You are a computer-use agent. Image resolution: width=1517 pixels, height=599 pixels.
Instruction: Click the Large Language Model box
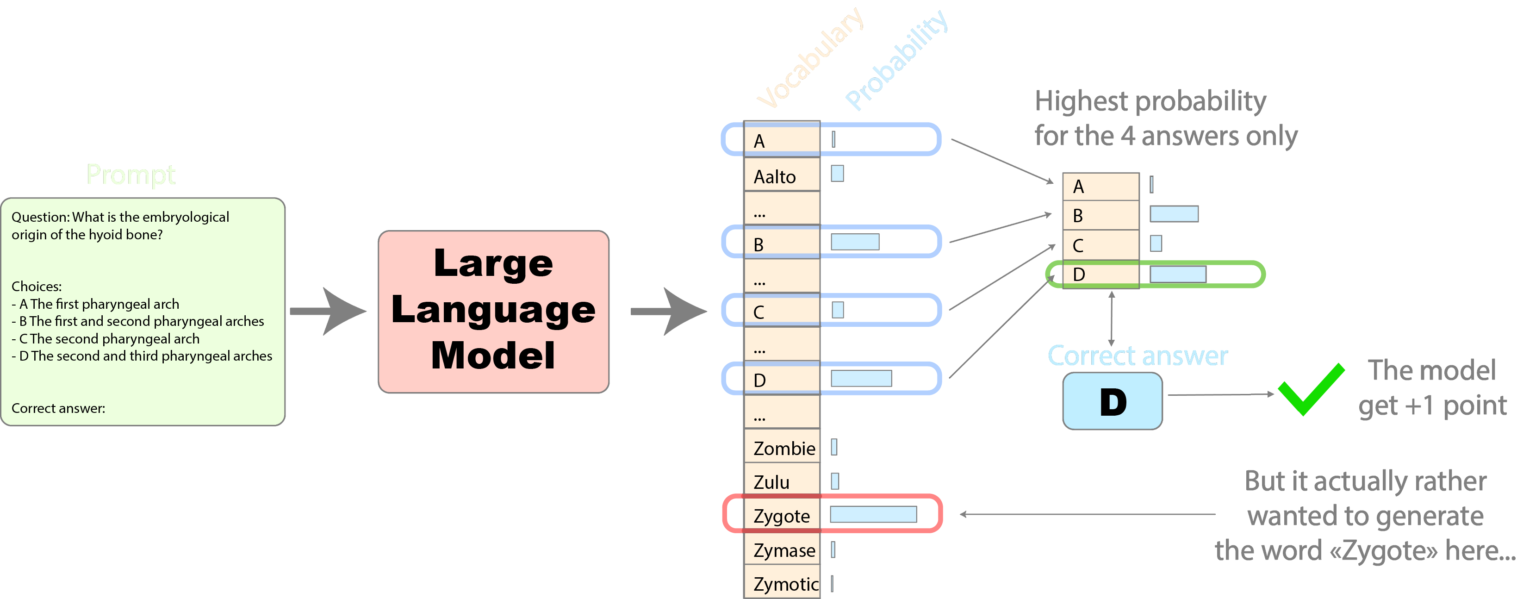point(493,312)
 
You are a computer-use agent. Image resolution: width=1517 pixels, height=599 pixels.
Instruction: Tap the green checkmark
point(1311,389)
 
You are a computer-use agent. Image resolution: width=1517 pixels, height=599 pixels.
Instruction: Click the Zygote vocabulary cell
point(782,516)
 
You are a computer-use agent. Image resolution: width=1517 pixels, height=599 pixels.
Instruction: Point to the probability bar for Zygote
point(873,514)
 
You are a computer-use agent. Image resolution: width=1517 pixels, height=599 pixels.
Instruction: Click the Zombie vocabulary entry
point(783,448)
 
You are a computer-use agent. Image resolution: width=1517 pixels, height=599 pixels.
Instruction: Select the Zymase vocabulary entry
point(783,550)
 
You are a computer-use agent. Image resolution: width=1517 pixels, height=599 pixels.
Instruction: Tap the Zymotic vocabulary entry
point(785,584)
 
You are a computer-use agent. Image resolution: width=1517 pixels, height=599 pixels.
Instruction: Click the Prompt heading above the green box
point(131,175)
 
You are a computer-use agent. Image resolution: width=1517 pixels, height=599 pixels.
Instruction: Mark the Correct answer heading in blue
point(1137,356)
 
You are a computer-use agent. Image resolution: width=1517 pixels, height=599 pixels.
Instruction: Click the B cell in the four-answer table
point(1100,216)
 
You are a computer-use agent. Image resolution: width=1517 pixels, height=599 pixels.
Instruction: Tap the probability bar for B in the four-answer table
point(1174,214)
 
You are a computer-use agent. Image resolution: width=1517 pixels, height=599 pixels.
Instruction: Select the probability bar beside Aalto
point(837,174)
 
